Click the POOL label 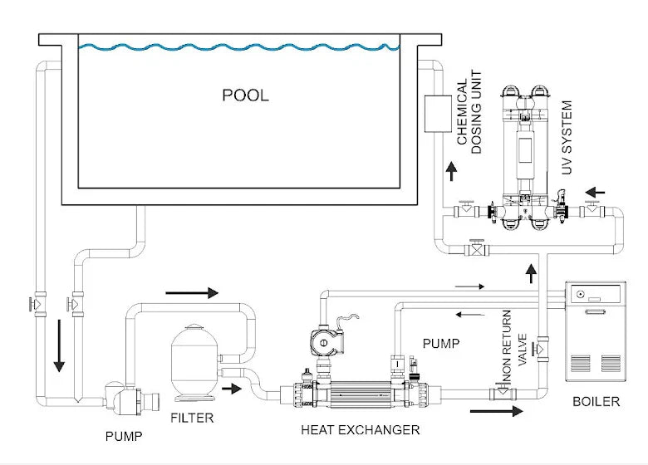[x=245, y=95]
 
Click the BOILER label [x=596, y=402]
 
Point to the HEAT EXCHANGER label [x=360, y=430]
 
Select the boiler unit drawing [x=595, y=332]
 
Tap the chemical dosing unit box [x=437, y=115]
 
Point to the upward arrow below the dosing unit [x=451, y=172]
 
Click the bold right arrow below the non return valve [x=496, y=410]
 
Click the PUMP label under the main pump [x=122, y=435]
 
